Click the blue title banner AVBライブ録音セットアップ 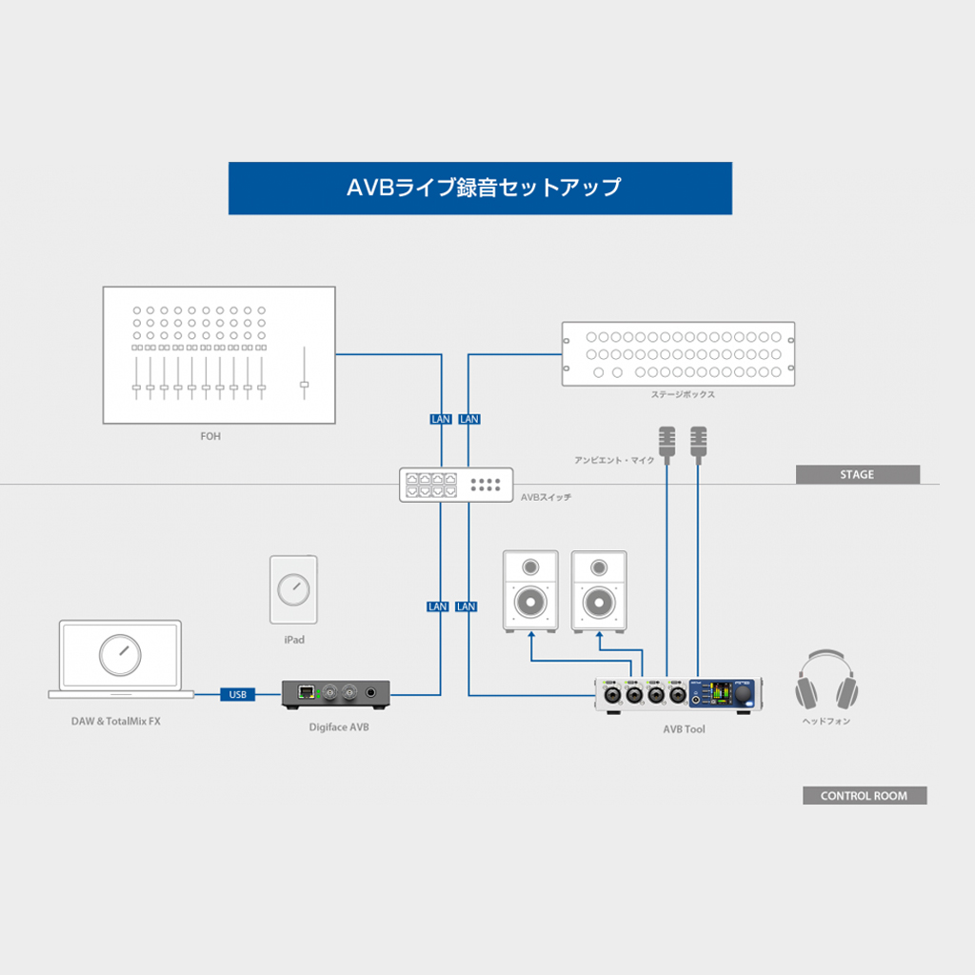coord(480,188)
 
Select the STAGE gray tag coord(857,474)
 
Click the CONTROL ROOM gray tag coord(864,796)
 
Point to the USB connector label coord(237,694)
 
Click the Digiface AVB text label coord(339,727)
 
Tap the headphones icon coord(826,679)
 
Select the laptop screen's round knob coord(120,654)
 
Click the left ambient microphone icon coord(667,440)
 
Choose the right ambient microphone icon coord(699,440)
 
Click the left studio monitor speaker coord(530,590)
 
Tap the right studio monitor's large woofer coord(599,602)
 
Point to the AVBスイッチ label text coord(547,497)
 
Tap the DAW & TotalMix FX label coord(115,722)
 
